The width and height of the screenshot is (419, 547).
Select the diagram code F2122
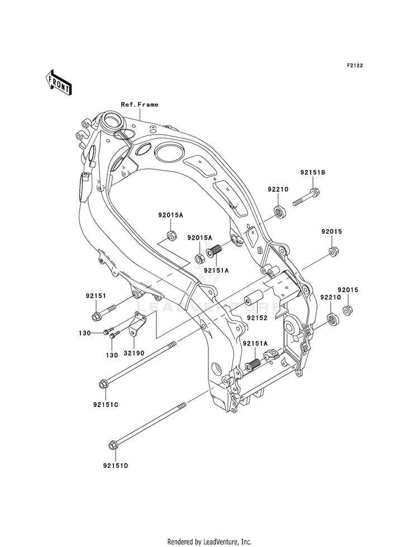click(x=355, y=66)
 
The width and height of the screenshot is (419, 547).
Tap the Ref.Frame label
click(x=124, y=104)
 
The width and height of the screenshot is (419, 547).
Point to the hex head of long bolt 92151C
click(x=103, y=384)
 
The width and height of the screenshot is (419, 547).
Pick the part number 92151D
click(x=115, y=465)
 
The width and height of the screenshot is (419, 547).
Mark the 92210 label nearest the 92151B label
click(x=277, y=190)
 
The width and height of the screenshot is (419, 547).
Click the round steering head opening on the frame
click(x=111, y=119)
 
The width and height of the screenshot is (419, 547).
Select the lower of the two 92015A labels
click(x=200, y=238)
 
